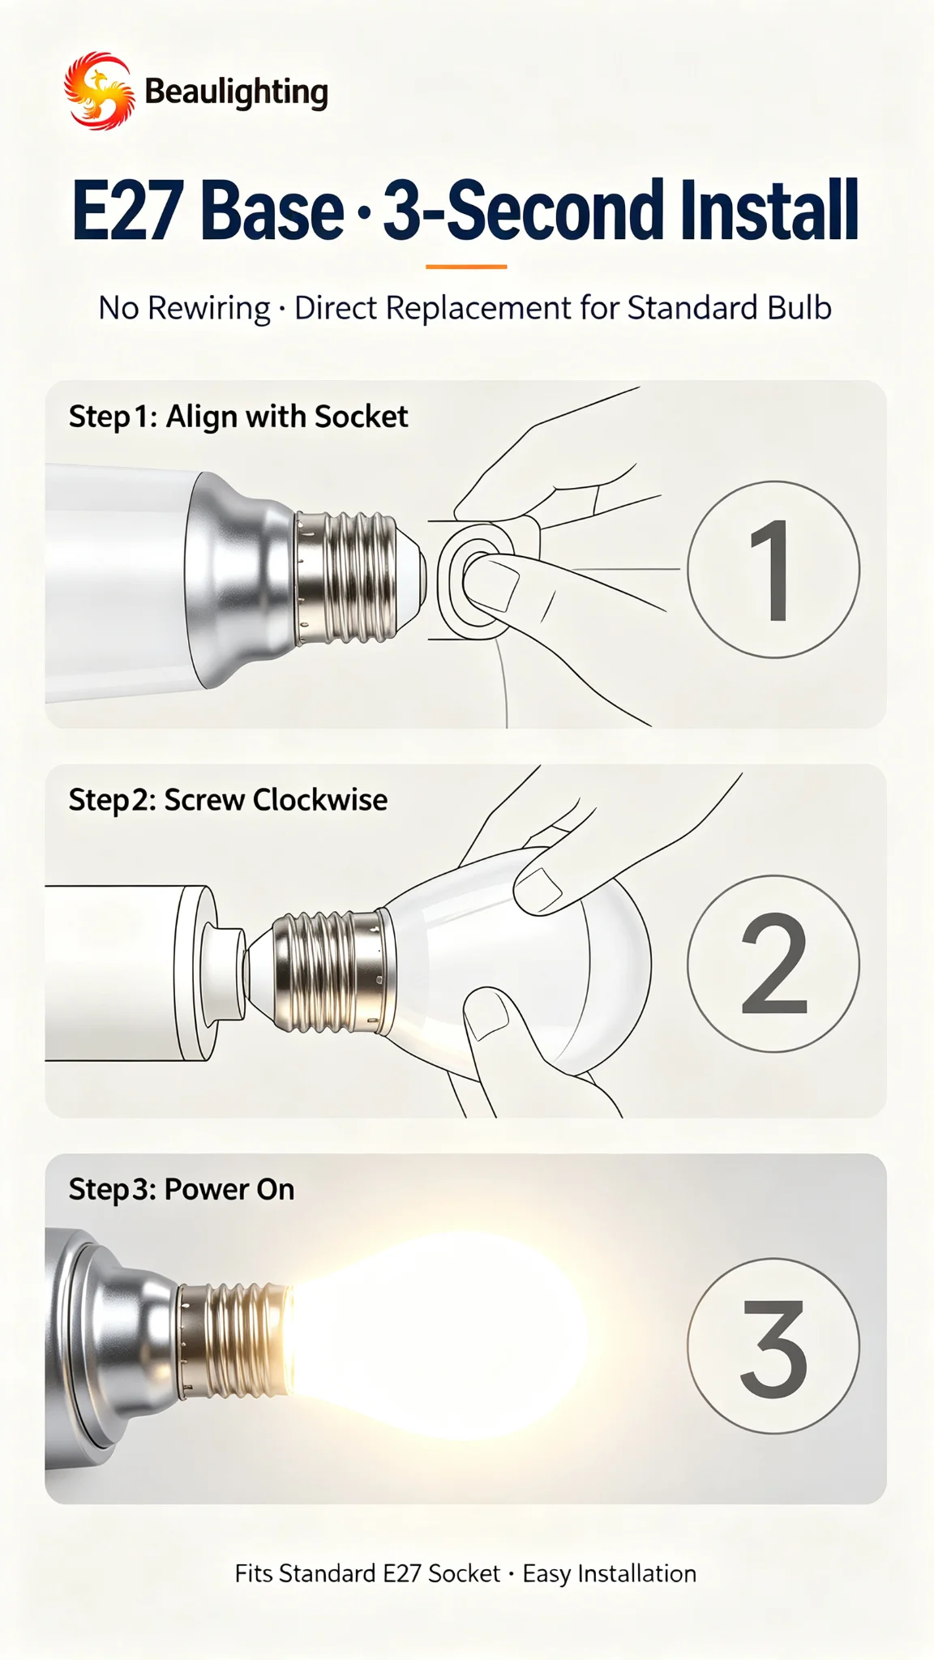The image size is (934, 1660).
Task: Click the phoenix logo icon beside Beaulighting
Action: click(100, 91)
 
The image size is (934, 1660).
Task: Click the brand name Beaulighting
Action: click(236, 92)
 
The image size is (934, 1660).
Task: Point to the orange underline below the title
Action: click(466, 266)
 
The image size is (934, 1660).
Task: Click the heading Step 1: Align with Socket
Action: click(238, 417)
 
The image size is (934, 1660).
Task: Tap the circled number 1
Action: click(773, 569)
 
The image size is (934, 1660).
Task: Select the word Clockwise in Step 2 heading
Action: click(320, 800)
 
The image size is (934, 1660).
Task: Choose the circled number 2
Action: click(773, 963)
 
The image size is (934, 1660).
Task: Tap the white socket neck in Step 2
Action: click(226, 971)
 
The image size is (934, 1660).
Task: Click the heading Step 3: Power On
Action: click(182, 1190)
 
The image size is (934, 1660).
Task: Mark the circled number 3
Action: click(773, 1346)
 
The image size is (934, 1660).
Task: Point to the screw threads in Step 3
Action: click(234, 1341)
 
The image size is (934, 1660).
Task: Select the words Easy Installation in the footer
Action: click(610, 1574)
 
